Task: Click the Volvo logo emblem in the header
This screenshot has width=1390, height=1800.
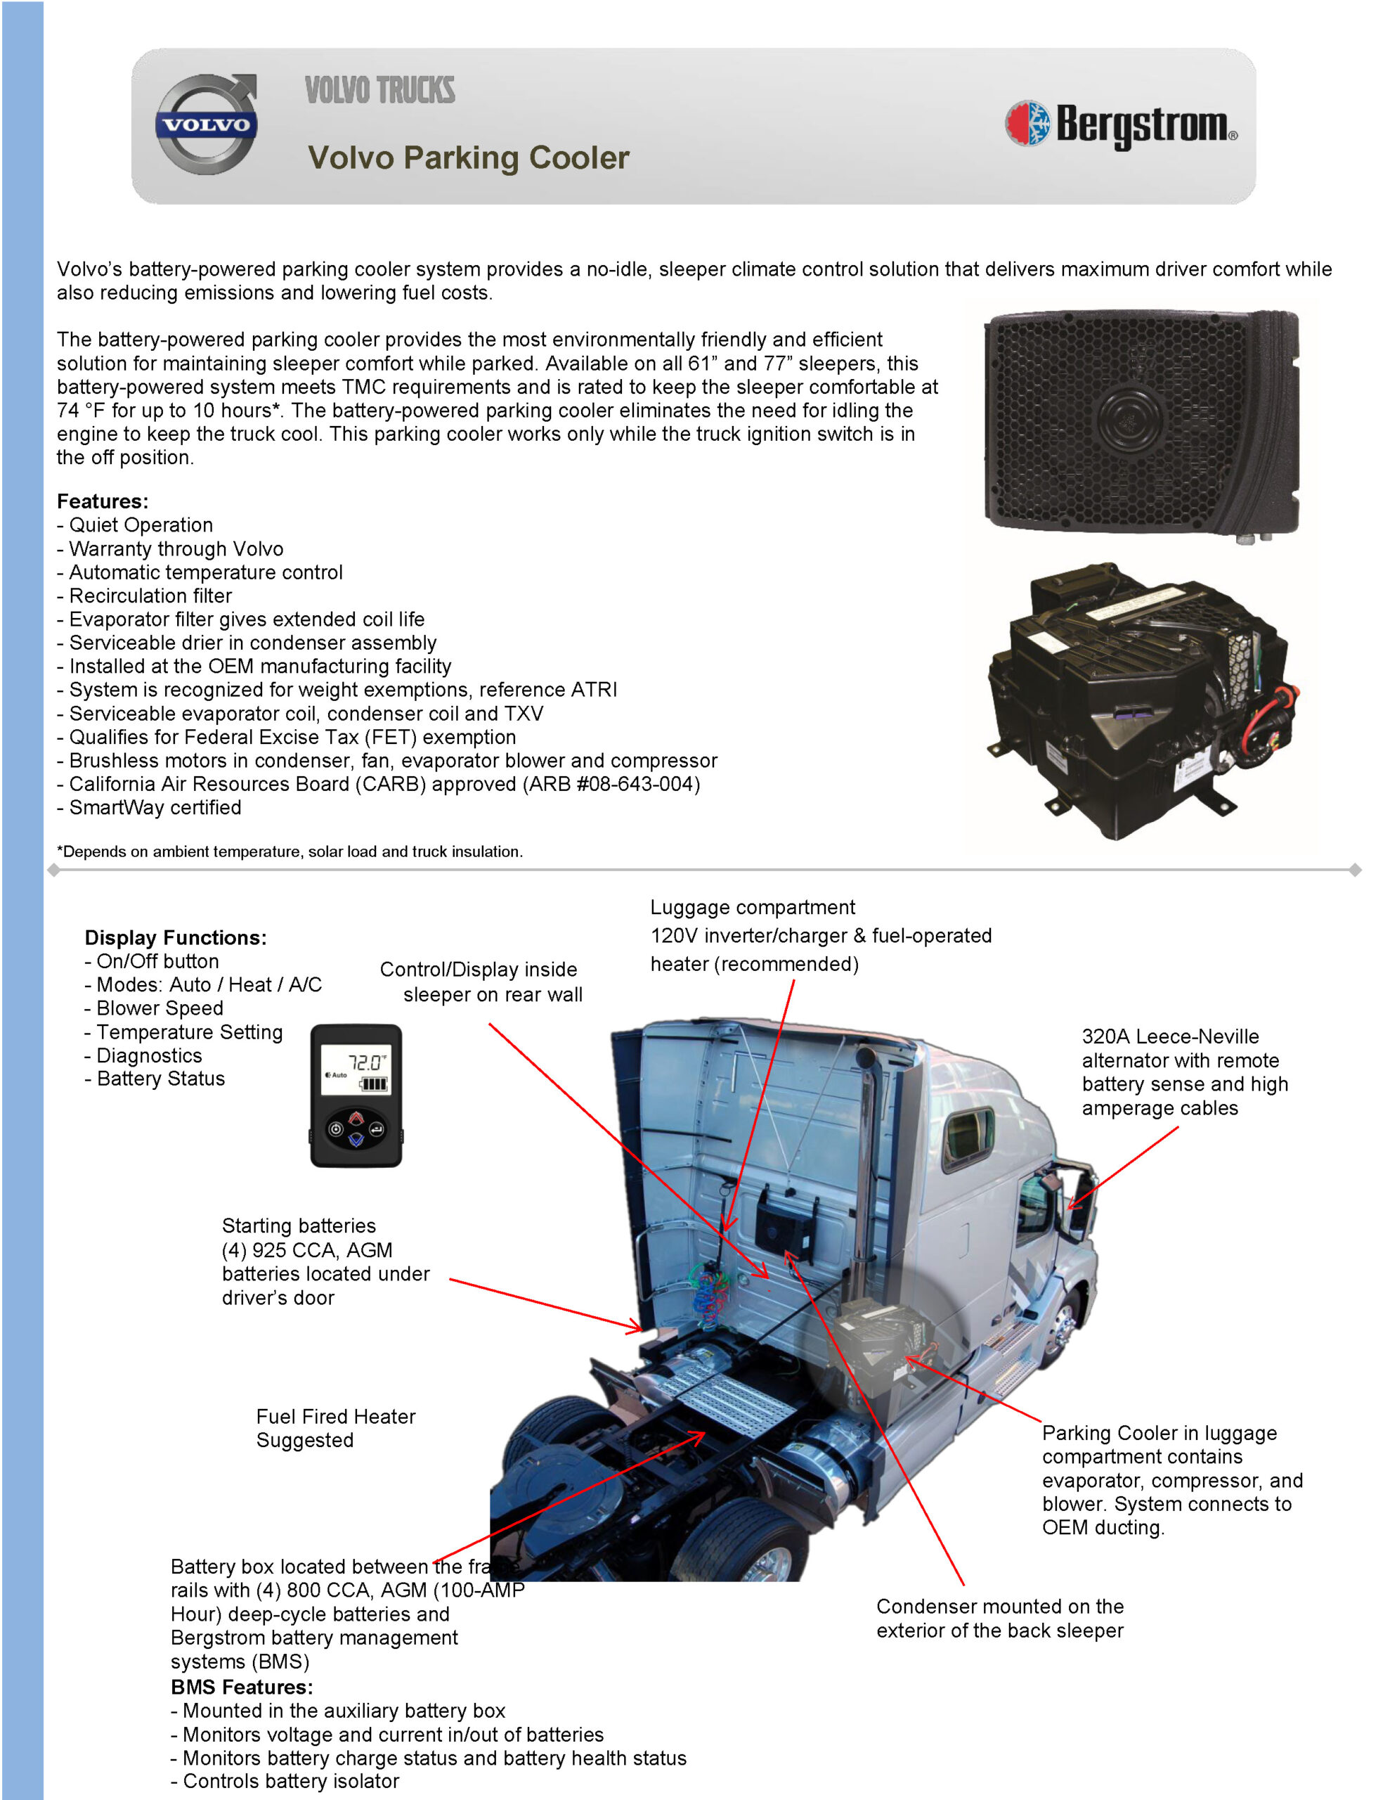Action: coord(206,124)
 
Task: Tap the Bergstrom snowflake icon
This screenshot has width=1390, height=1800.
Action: coord(1027,124)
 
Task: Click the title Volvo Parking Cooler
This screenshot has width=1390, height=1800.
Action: coord(468,157)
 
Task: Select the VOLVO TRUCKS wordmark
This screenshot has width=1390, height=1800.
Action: coord(380,90)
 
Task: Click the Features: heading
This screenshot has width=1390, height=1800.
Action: coord(102,501)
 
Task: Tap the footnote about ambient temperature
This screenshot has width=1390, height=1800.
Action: coord(290,851)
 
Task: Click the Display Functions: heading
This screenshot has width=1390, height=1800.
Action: coord(176,937)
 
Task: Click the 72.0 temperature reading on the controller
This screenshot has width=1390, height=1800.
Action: coord(365,1062)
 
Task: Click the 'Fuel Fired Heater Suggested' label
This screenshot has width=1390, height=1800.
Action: coord(335,1428)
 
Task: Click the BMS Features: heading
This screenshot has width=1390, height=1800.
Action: coord(242,1687)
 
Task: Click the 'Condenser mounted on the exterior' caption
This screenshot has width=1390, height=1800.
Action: coord(999,1618)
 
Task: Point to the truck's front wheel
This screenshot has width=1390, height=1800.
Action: coord(1065,1327)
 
